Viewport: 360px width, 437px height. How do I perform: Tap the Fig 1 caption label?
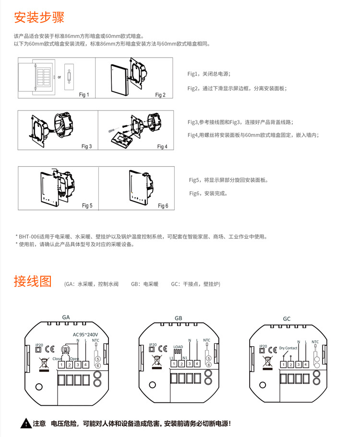click(x=84, y=95)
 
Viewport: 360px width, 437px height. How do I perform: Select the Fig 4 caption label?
click(x=162, y=146)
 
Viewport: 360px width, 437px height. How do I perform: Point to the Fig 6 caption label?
click(x=163, y=206)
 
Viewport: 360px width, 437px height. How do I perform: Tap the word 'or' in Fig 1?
click(x=60, y=77)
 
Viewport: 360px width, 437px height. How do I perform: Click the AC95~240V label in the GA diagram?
click(x=85, y=335)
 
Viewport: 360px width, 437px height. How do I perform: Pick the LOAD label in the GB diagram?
click(x=178, y=347)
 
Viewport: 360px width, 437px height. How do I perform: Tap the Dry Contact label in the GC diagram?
click(x=288, y=348)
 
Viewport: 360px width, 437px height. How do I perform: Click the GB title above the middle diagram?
click(x=179, y=318)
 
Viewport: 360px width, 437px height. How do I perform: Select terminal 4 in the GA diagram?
click(x=85, y=364)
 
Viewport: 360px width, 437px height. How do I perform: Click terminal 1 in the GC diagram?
click(x=284, y=365)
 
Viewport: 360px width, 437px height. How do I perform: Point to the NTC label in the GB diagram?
click(x=206, y=340)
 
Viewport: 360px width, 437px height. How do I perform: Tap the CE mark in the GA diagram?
click(x=48, y=350)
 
